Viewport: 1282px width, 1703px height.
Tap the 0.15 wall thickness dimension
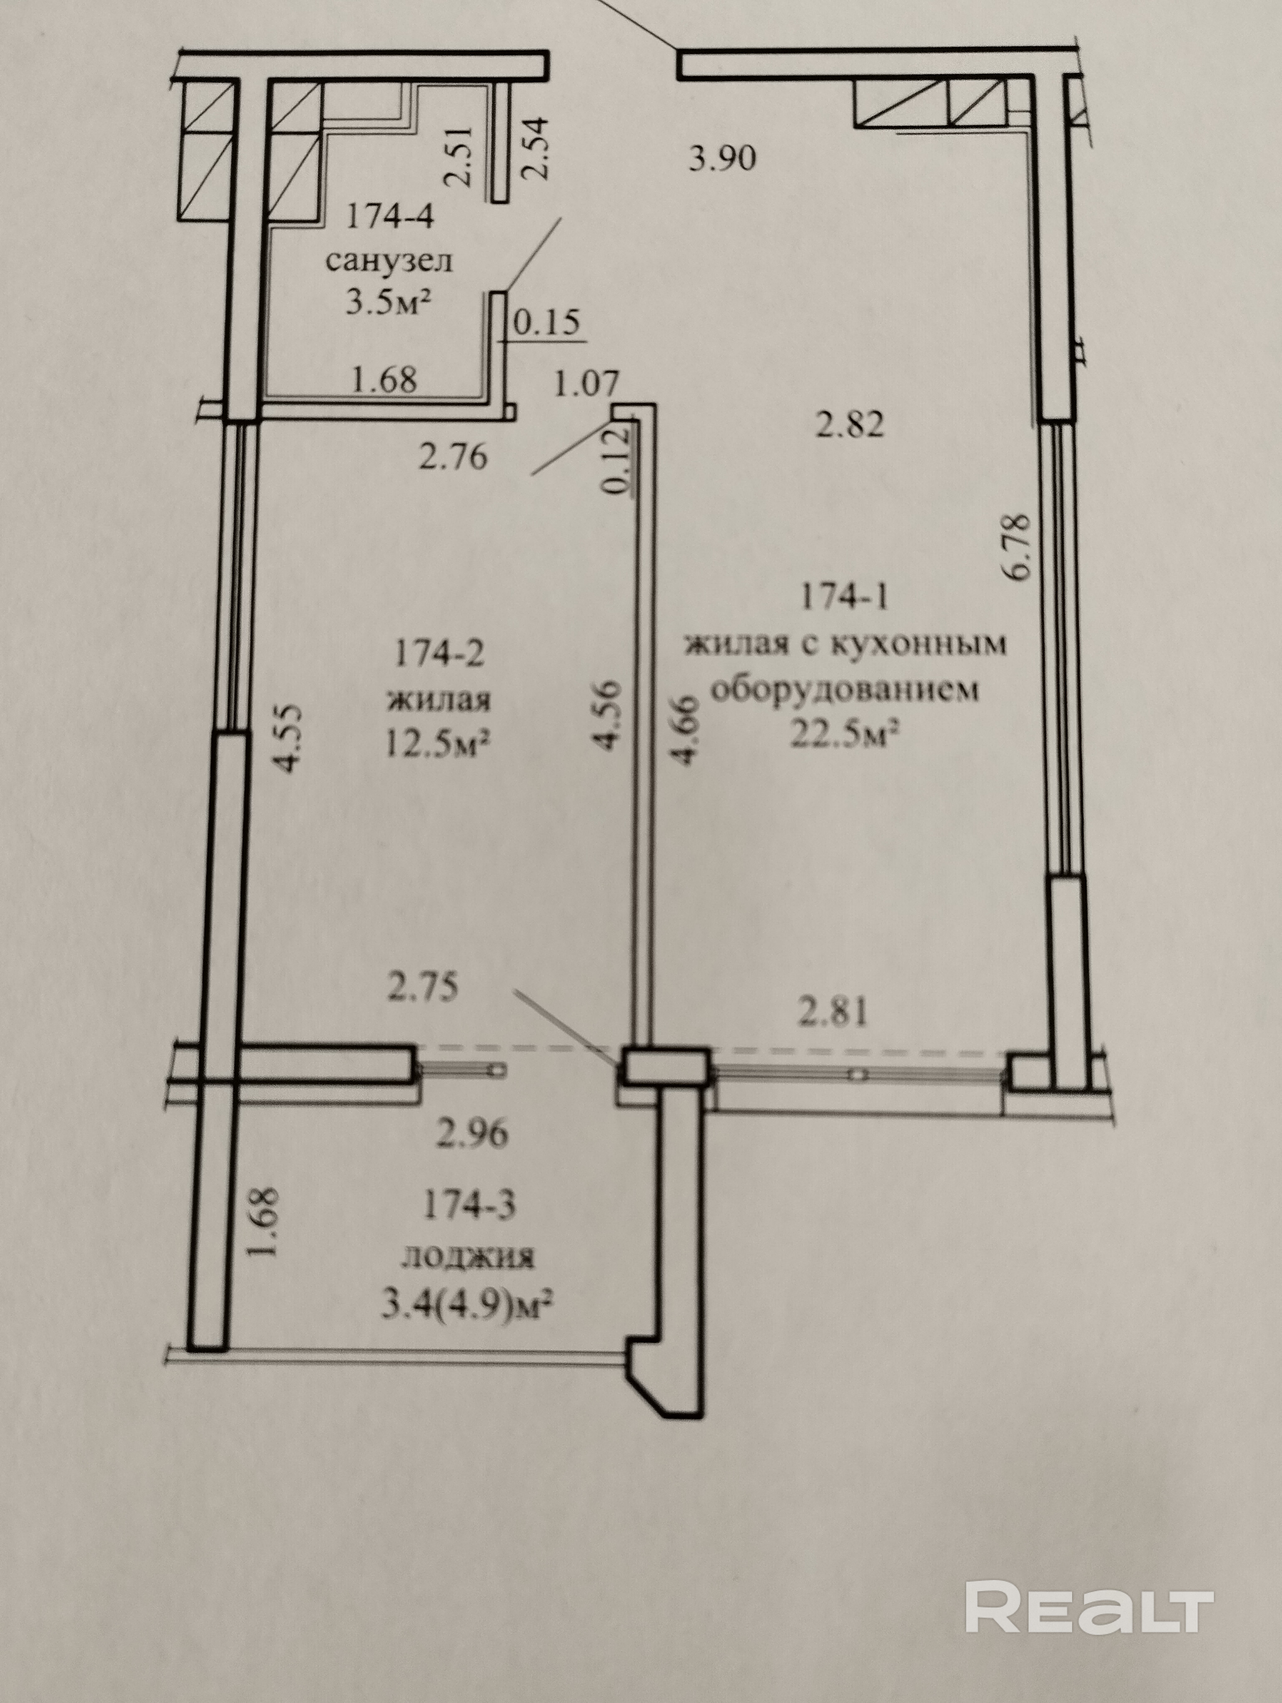coord(545,323)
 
